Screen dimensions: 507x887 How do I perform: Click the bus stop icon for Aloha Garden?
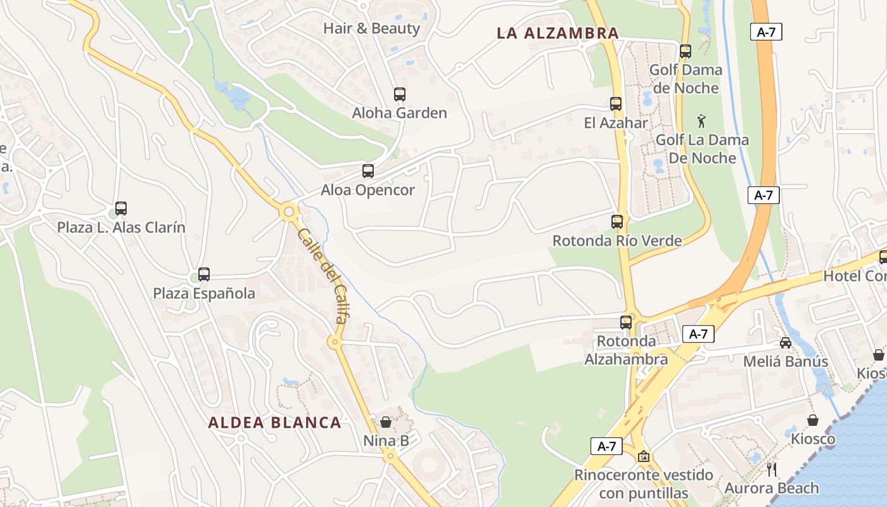(x=399, y=94)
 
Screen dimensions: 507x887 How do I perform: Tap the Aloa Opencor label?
(x=367, y=190)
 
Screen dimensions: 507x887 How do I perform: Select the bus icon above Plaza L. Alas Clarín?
(x=121, y=209)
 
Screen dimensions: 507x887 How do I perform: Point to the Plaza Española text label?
(x=204, y=293)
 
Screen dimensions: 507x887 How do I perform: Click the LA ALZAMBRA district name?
(x=558, y=34)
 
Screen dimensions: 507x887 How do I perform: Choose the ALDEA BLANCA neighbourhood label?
(x=275, y=423)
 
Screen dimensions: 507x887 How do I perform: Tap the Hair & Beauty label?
(x=371, y=29)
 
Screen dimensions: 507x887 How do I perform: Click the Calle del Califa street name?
(x=322, y=276)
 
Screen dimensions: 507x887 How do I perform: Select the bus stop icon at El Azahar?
(x=616, y=104)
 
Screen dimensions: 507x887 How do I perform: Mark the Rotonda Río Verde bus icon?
(x=617, y=222)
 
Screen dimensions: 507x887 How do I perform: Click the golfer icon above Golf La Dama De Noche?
(x=701, y=120)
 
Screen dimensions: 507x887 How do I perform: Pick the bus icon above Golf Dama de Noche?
(x=686, y=51)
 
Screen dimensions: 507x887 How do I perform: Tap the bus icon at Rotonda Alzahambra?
(x=626, y=322)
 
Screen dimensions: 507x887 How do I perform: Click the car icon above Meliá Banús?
(x=786, y=343)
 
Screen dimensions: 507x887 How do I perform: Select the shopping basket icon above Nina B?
(x=386, y=422)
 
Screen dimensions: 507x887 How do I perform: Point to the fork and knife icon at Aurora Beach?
(x=771, y=469)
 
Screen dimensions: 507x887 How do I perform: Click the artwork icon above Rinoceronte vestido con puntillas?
(x=644, y=456)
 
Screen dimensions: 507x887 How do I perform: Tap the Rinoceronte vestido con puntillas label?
(x=643, y=484)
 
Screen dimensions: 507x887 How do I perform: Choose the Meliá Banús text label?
(x=786, y=362)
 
